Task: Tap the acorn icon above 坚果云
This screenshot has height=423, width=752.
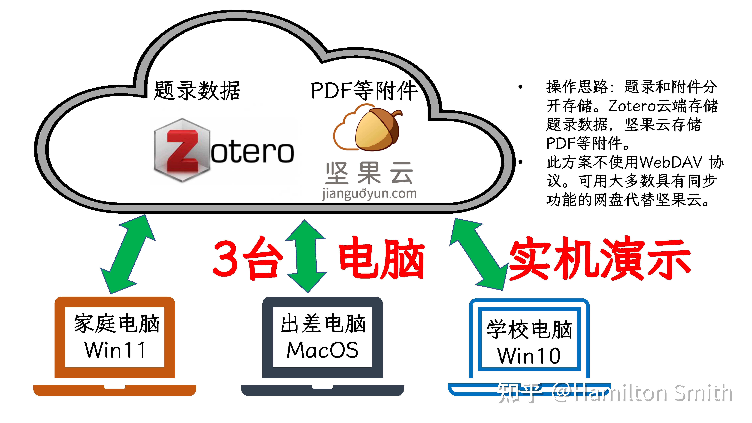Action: click(x=378, y=130)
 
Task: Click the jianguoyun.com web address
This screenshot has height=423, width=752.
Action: click(x=369, y=194)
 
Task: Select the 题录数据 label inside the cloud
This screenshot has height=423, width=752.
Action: click(x=197, y=91)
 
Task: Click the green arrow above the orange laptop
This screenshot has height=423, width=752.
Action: click(x=128, y=254)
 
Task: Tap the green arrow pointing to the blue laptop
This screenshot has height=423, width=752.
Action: click(x=479, y=254)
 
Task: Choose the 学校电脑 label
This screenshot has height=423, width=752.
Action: click(x=529, y=329)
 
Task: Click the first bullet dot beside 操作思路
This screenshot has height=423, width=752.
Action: click(x=520, y=87)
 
